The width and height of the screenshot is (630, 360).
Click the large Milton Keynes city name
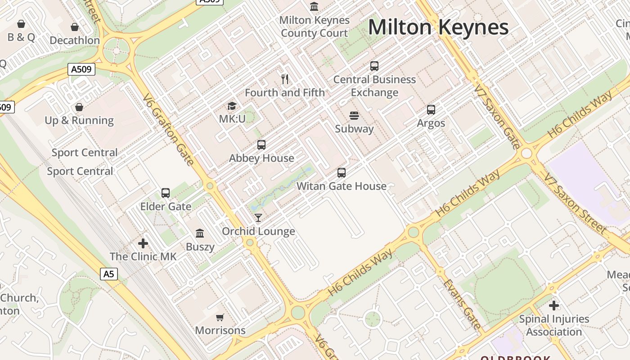point(438,27)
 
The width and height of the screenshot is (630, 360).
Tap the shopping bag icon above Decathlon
point(75,27)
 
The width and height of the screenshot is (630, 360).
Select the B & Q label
point(21,37)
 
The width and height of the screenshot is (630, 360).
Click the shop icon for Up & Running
point(79,107)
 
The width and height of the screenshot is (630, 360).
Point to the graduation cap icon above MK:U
point(232,106)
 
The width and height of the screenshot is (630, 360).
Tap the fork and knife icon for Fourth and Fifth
point(284,79)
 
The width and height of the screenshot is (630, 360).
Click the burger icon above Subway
point(354,116)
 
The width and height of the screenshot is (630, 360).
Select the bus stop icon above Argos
point(431,110)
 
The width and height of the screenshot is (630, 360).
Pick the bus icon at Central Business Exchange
point(374,66)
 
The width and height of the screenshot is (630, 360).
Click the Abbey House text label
point(261,158)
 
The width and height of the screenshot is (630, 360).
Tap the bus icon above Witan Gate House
point(342,173)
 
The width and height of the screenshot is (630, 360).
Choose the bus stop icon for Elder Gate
point(166,193)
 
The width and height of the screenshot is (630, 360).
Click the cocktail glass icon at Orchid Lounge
point(258,218)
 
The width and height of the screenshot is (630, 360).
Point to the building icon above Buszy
point(200,234)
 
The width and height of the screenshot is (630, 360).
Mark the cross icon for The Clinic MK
point(143,243)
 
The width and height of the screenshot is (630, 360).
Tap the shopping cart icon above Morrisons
point(220,317)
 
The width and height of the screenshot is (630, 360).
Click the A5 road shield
point(108,274)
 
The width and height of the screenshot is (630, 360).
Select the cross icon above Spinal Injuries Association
point(554,306)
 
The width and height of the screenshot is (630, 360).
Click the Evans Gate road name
point(462,304)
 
